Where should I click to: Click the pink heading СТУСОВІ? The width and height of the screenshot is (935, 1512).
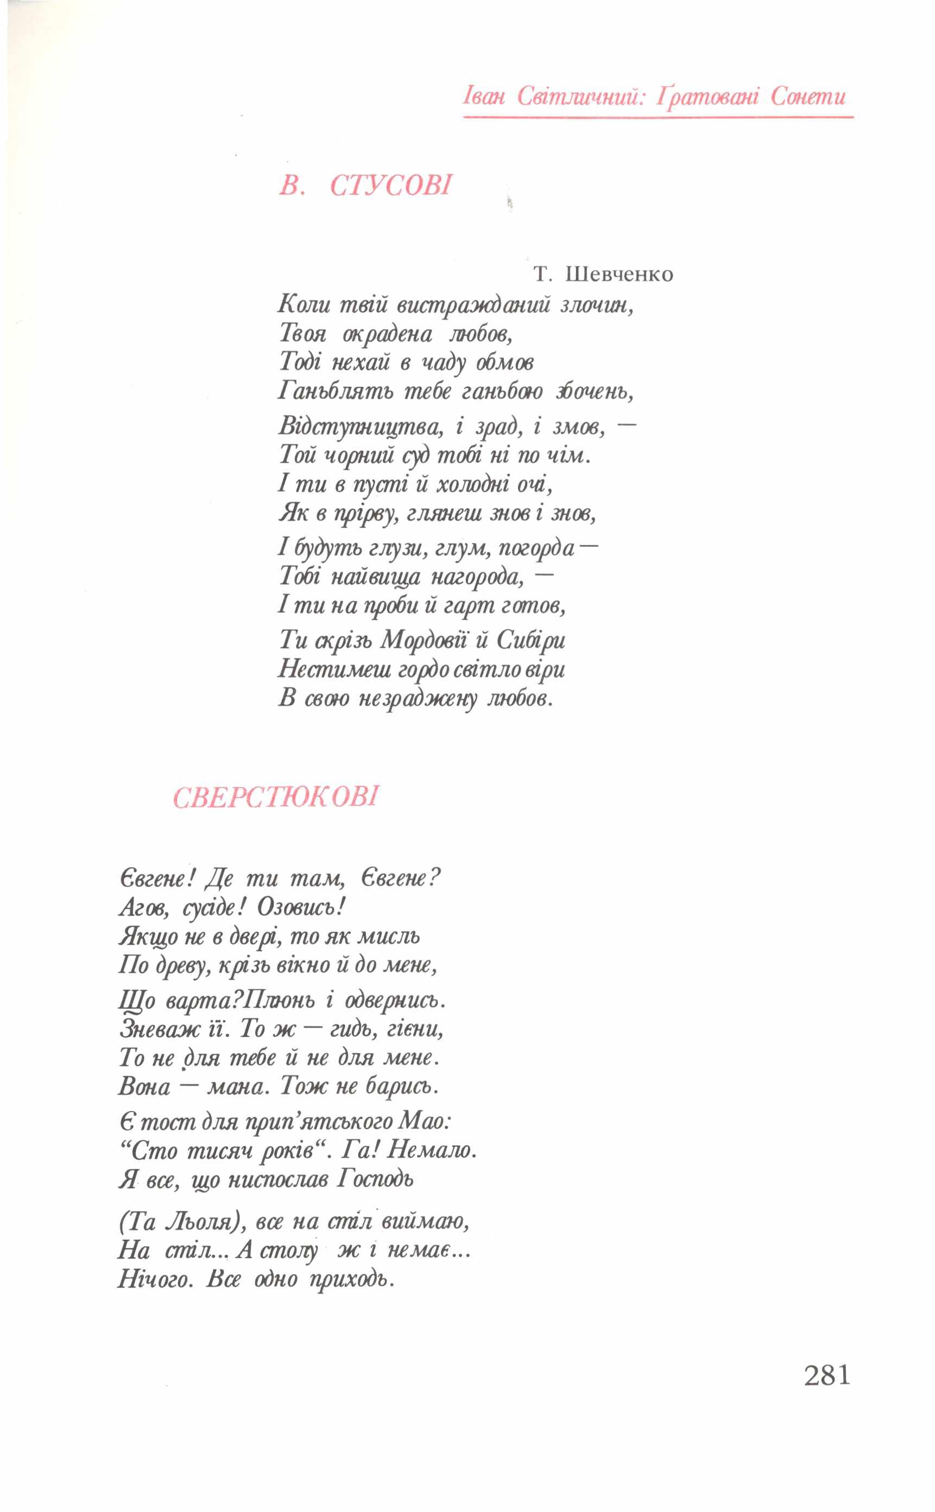pyautogui.click(x=391, y=186)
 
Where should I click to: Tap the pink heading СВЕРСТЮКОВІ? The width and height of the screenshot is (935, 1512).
pyautogui.click(x=275, y=797)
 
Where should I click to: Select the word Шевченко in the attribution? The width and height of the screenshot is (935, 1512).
pyautogui.click(x=619, y=274)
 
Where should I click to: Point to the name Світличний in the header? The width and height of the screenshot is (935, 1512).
pyautogui.click(x=579, y=97)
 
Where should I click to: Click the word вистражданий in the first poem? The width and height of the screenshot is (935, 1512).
pyautogui.click(x=473, y=305)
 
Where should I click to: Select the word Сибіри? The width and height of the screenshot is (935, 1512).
pyautogui.click(x=531, y=640)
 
